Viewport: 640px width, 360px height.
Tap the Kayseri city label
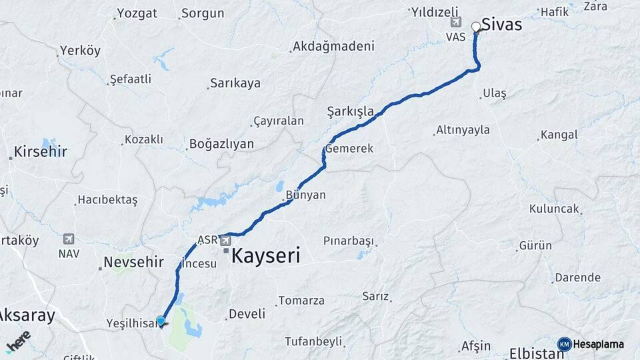(265, 255)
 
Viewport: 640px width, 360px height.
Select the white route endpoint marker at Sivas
(476, 27)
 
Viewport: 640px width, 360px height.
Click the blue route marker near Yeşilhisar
(160, 321)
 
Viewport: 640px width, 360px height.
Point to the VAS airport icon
(456, 23)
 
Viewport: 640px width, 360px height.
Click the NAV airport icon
(68, 239)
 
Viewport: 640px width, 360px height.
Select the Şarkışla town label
(350, 111)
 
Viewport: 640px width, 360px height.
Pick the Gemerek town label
(349, 149)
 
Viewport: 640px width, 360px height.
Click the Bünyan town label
(305, 195)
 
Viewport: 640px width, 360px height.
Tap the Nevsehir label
(133, 262)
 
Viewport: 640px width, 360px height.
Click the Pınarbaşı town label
(349, 241)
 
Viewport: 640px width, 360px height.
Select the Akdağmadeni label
(333, 47)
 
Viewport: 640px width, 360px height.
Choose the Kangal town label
(559, 135)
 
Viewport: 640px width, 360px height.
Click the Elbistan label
(536, 353)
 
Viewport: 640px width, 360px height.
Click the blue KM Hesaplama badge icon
(564, 344)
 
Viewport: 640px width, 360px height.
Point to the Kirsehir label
(40, 151)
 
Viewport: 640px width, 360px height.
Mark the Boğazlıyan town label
(221, 144)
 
